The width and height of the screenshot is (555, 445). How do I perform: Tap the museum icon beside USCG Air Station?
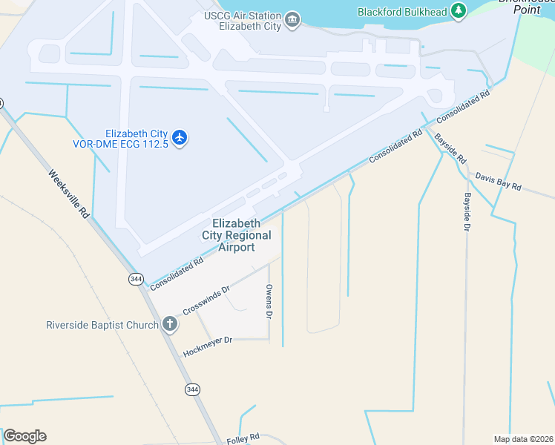tap(292, 19)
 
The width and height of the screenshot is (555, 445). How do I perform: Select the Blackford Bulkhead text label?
tap(401, 11)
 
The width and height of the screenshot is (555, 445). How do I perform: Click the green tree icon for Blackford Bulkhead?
tap(459, 10)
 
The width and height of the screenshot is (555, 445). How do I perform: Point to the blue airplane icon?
tap(180, 137)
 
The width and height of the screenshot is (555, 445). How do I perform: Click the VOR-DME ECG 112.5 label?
tap(132, 139)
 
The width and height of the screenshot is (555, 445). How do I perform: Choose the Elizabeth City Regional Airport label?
tap(237, 235)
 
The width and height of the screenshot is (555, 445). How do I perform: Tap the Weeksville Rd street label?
tap(70, 194)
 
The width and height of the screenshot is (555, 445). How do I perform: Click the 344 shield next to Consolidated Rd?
tap(136, 279)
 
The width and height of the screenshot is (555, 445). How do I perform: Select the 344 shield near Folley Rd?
tap(192, 389)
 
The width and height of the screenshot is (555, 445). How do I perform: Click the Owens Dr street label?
tap(269, 301)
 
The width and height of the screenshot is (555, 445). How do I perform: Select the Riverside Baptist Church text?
tap(102, 325)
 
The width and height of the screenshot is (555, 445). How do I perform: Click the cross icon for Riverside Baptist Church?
tap(170, 324)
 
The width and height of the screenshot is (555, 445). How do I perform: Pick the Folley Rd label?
tap(243, 439)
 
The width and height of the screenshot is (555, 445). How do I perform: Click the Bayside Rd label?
tap(450, 148)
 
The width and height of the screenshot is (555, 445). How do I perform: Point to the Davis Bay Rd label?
tap(499, 182)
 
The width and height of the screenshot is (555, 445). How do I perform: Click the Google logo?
tap(24, 436)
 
